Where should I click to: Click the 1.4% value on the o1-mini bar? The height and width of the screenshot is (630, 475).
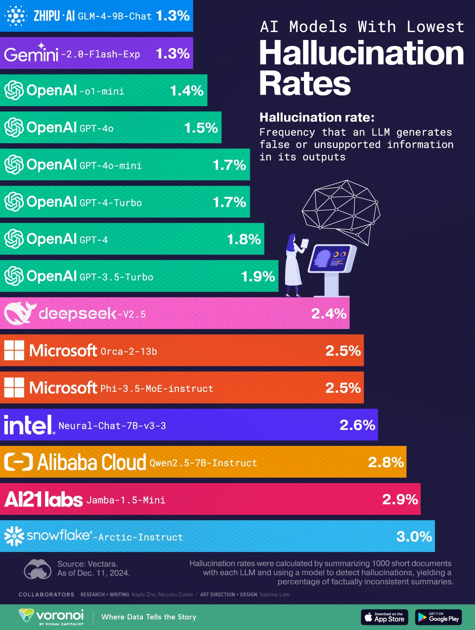pyautogui.click(x=186, y=91)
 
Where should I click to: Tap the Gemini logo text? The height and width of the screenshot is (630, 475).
pyautogui.click(x=31, y=53)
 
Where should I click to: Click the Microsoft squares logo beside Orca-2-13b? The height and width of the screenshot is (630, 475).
pyautogui.click(x=14, y=350)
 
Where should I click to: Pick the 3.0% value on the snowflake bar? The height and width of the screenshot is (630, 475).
pyautogui.click(x=414, y=537)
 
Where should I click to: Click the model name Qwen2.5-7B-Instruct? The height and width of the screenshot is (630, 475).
pyautogui.click(x=203, y=463)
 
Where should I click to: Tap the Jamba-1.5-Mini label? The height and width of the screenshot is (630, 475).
pyautogui.click(x=126, y=500)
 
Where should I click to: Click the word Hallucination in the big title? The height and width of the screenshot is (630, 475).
pyautogui.click(x=361, y=53)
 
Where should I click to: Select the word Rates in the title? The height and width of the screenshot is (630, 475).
pyautogui.click(x=305, y=84)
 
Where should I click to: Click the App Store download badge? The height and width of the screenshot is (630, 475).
pyautogui.click(x=385, y=617)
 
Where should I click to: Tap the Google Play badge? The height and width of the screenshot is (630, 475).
pyautogui.click(x=439, y=617)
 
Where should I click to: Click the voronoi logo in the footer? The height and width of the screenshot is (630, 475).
pyautogui.click(x=51, y=616)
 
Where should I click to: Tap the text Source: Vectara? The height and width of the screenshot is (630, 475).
pyautogui.click(x=87, y=563)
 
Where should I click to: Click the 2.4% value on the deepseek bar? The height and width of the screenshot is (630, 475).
pyautogui.click(x=329, y=314)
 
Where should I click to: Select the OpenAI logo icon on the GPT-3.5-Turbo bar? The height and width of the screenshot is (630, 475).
pyautogui.click(x=14, y=276)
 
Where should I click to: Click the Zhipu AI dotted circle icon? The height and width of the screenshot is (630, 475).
pyautogui.click(x=15, y=16)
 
